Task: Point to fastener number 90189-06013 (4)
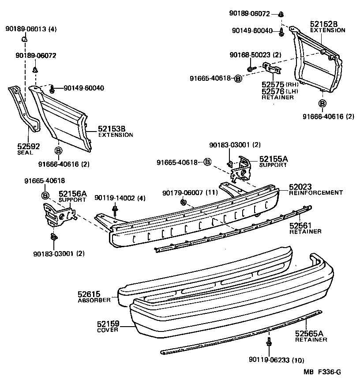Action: [x=31, y=29]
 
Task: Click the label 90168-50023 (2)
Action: [x=255, y=55]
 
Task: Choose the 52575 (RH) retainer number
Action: [x=274, y=84]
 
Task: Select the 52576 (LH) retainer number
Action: [x=274, y=91]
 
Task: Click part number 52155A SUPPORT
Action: [x=273, y=161]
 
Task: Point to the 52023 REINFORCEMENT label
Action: [x=315, y=189]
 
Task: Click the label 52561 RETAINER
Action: [x=305, y=228]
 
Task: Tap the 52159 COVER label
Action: [x=108, y=326]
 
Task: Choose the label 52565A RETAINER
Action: [x=311, y=336]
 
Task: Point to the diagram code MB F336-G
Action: [x=322, y=372]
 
